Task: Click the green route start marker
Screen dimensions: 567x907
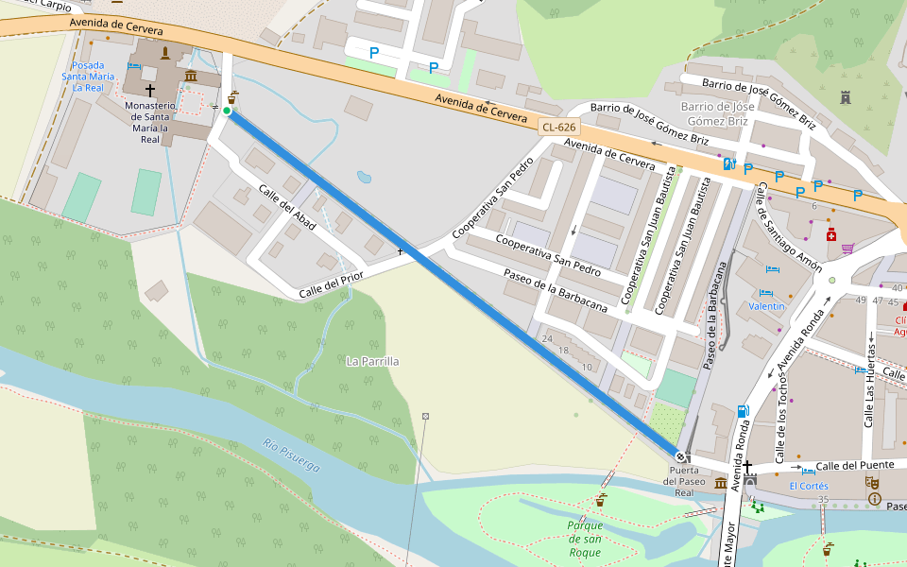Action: pyautogui.click(x=227, y=111)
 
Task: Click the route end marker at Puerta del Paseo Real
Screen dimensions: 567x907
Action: pyautogui.click(x=680, y=457)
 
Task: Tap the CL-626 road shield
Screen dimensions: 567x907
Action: pyautogui.click(x=558, y=127)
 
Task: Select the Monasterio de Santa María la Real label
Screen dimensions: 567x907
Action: pyautogui.click(x=150, y=122)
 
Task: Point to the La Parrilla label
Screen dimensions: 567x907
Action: pyautogui.click(x=372, y=361)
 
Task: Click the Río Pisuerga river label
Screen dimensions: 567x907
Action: pyautogui.click(x=291, y=455)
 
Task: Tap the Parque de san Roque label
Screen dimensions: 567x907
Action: pyautogui.click(x=585, y=539)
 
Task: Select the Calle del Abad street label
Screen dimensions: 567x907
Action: pyautogui.click(x=285, y=207)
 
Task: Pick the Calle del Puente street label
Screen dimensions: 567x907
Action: pyautogui.click(x=855, y=466)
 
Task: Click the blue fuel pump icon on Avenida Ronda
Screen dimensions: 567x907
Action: pyautogui.click(x=744, y=411)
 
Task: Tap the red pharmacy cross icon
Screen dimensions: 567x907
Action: pyautogui.click(x=831, y=234)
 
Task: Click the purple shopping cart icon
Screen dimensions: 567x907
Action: pyautogui.click(x=847, y=249)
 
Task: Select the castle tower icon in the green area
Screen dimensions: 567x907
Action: pyautogui.click(x=845, y=96)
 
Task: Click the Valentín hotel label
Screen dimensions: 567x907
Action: pyautogui.click(x=766, y=306)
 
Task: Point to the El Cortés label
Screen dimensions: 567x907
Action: pyautogui.click(x=809, y=486)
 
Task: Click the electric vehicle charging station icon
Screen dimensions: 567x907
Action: pyautogui.click(x=728, y=163)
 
